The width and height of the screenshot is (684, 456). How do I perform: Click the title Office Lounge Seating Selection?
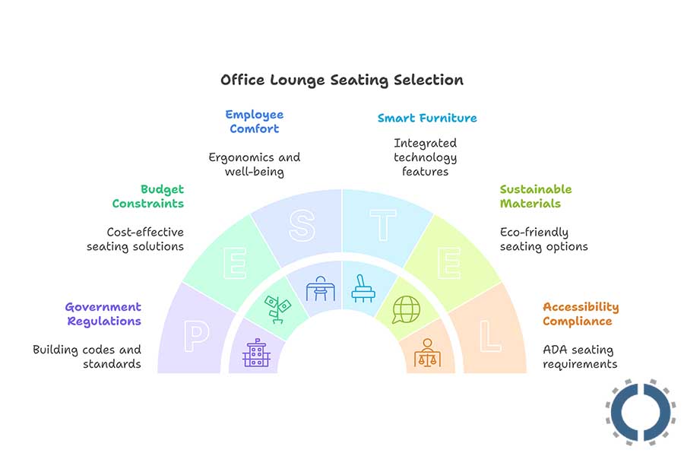pos(341,80)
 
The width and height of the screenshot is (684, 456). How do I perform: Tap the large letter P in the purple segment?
pos(195,337)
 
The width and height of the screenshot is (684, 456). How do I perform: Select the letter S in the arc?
pos(302,226)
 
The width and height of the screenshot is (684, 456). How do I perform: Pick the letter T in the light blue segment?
pos(382,226)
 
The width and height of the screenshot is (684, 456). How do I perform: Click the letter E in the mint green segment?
pos(236,266)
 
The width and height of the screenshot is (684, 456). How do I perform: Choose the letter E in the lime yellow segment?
pos(448,266)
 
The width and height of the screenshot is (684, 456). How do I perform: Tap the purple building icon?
pos(257,353)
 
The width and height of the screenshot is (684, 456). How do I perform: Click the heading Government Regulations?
pos(103,314)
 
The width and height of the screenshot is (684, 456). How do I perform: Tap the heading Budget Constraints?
pos(148,196)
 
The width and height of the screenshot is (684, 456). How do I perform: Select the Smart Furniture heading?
pos(427,118)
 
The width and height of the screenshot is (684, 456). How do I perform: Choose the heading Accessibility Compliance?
pos(581,314)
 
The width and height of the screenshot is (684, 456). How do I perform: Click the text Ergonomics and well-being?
pos(255,164)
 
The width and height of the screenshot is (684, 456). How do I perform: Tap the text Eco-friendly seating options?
pos(543,239)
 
